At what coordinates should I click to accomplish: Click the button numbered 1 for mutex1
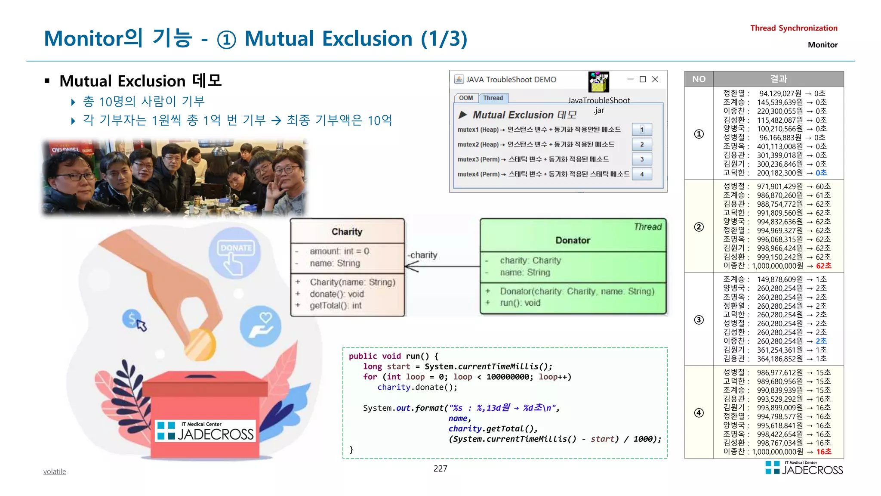pyautogui.click(x=641, y=129)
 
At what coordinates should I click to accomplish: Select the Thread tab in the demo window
pyautogui.click(x=493, y=98)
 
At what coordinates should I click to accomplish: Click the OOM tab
pyautogui.click(x=465, y=98)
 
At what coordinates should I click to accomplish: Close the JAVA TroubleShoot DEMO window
pyautogui.click(x=655, y=79)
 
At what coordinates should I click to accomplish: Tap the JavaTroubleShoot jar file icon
pyautogui.click(x=598, y=82)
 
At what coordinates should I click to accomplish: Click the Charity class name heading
pyautogui.click(x=347, y=232)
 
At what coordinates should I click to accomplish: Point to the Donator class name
pyautogui.click(x=573, y=240)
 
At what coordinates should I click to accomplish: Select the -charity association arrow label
pyautogui.click(x=422, y=255)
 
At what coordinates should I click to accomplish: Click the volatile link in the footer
pyautogui.click(x=55, y=471)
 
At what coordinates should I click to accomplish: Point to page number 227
pyautogui.click(x=440, y=468)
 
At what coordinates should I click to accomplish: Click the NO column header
pyautogui.click(x=699, y=79)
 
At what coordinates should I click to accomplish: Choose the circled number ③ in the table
pyautogui.click(x=699, y=319)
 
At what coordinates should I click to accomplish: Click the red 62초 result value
pyautogui.click(x=823, y=266)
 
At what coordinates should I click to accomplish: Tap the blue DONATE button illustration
pyautogui.click(x=235, y=254)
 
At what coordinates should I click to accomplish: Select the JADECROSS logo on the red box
pyautogui.click(x=206, y=431)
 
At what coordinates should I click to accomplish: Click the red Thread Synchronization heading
pyautogui.click(x=794, y=28)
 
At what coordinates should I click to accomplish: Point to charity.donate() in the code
pyautogui.click(x=417, y=387)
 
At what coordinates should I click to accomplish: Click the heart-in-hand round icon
pyautogui.click(x=261, y=326)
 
